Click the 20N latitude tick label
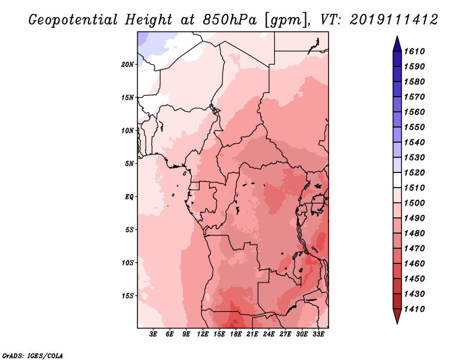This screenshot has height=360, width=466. tap(128, 64)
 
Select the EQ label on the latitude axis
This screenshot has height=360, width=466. tap(129, 197)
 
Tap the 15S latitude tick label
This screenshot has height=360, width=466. tap(128, 296)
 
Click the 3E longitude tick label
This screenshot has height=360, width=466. tap(153, 334)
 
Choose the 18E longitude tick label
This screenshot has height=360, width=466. tap(236, 334)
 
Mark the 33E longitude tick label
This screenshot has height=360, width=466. tap(319, 334)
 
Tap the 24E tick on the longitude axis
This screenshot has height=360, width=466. tap(269, 334)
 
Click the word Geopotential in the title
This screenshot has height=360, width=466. tap(75, 19)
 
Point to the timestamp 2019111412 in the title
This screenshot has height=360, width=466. tap(393, 19)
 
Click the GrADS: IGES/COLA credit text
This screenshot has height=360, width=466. tap(32, 355)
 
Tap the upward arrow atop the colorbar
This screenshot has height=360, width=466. tap(397, 43)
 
